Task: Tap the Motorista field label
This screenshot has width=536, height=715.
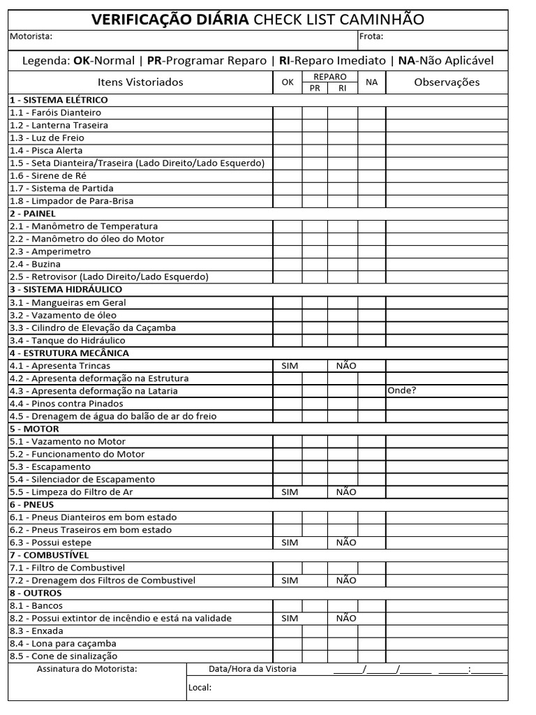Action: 31,36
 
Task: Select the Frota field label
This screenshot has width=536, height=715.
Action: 371,36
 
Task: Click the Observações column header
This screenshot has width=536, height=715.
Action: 447,82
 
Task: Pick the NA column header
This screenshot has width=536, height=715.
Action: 371,82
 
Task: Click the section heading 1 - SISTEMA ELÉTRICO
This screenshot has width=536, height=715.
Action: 59,100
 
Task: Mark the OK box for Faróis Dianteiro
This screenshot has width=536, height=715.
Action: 287,112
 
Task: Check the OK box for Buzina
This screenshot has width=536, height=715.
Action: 287,264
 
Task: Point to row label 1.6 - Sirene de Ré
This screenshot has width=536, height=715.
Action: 48,175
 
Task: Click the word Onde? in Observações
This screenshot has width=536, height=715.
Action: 401,390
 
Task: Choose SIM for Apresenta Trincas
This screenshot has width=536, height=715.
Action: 289,365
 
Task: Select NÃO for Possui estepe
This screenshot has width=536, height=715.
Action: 345,543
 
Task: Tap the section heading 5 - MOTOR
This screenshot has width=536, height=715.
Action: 34,429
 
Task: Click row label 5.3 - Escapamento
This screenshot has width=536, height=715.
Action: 50,466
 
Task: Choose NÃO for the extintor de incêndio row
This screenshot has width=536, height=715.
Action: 345,618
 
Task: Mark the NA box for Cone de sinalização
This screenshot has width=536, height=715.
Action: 371,656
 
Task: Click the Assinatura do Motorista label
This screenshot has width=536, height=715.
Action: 87,669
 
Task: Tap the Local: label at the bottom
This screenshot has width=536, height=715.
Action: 200,688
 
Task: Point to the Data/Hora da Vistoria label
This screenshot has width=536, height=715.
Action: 253,669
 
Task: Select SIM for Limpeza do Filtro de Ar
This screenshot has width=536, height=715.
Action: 289,492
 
